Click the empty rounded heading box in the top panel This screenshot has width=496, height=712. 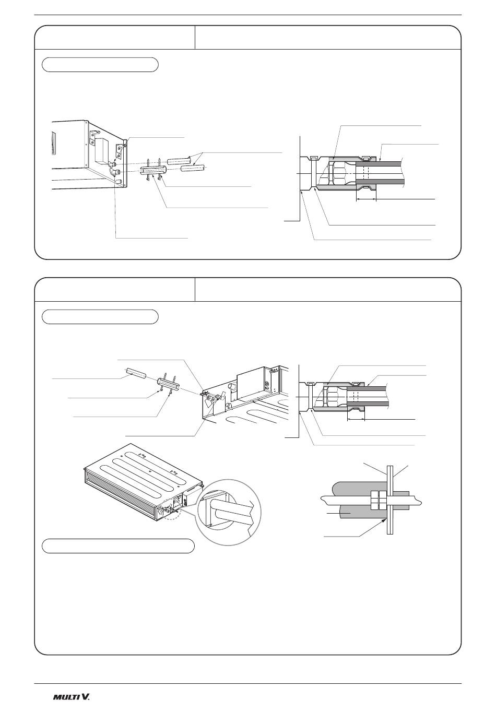(100, 65)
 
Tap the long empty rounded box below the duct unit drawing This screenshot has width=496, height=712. (118, 546)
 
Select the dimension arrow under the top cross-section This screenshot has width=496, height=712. (366, 199)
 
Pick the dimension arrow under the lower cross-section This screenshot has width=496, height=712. (356, 420)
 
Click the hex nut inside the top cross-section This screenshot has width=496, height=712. (332, 173)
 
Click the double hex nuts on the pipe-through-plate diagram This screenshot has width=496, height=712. (378, 501)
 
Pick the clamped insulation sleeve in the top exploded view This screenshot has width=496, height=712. (151, 171)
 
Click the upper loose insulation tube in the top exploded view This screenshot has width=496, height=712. (179, 160)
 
